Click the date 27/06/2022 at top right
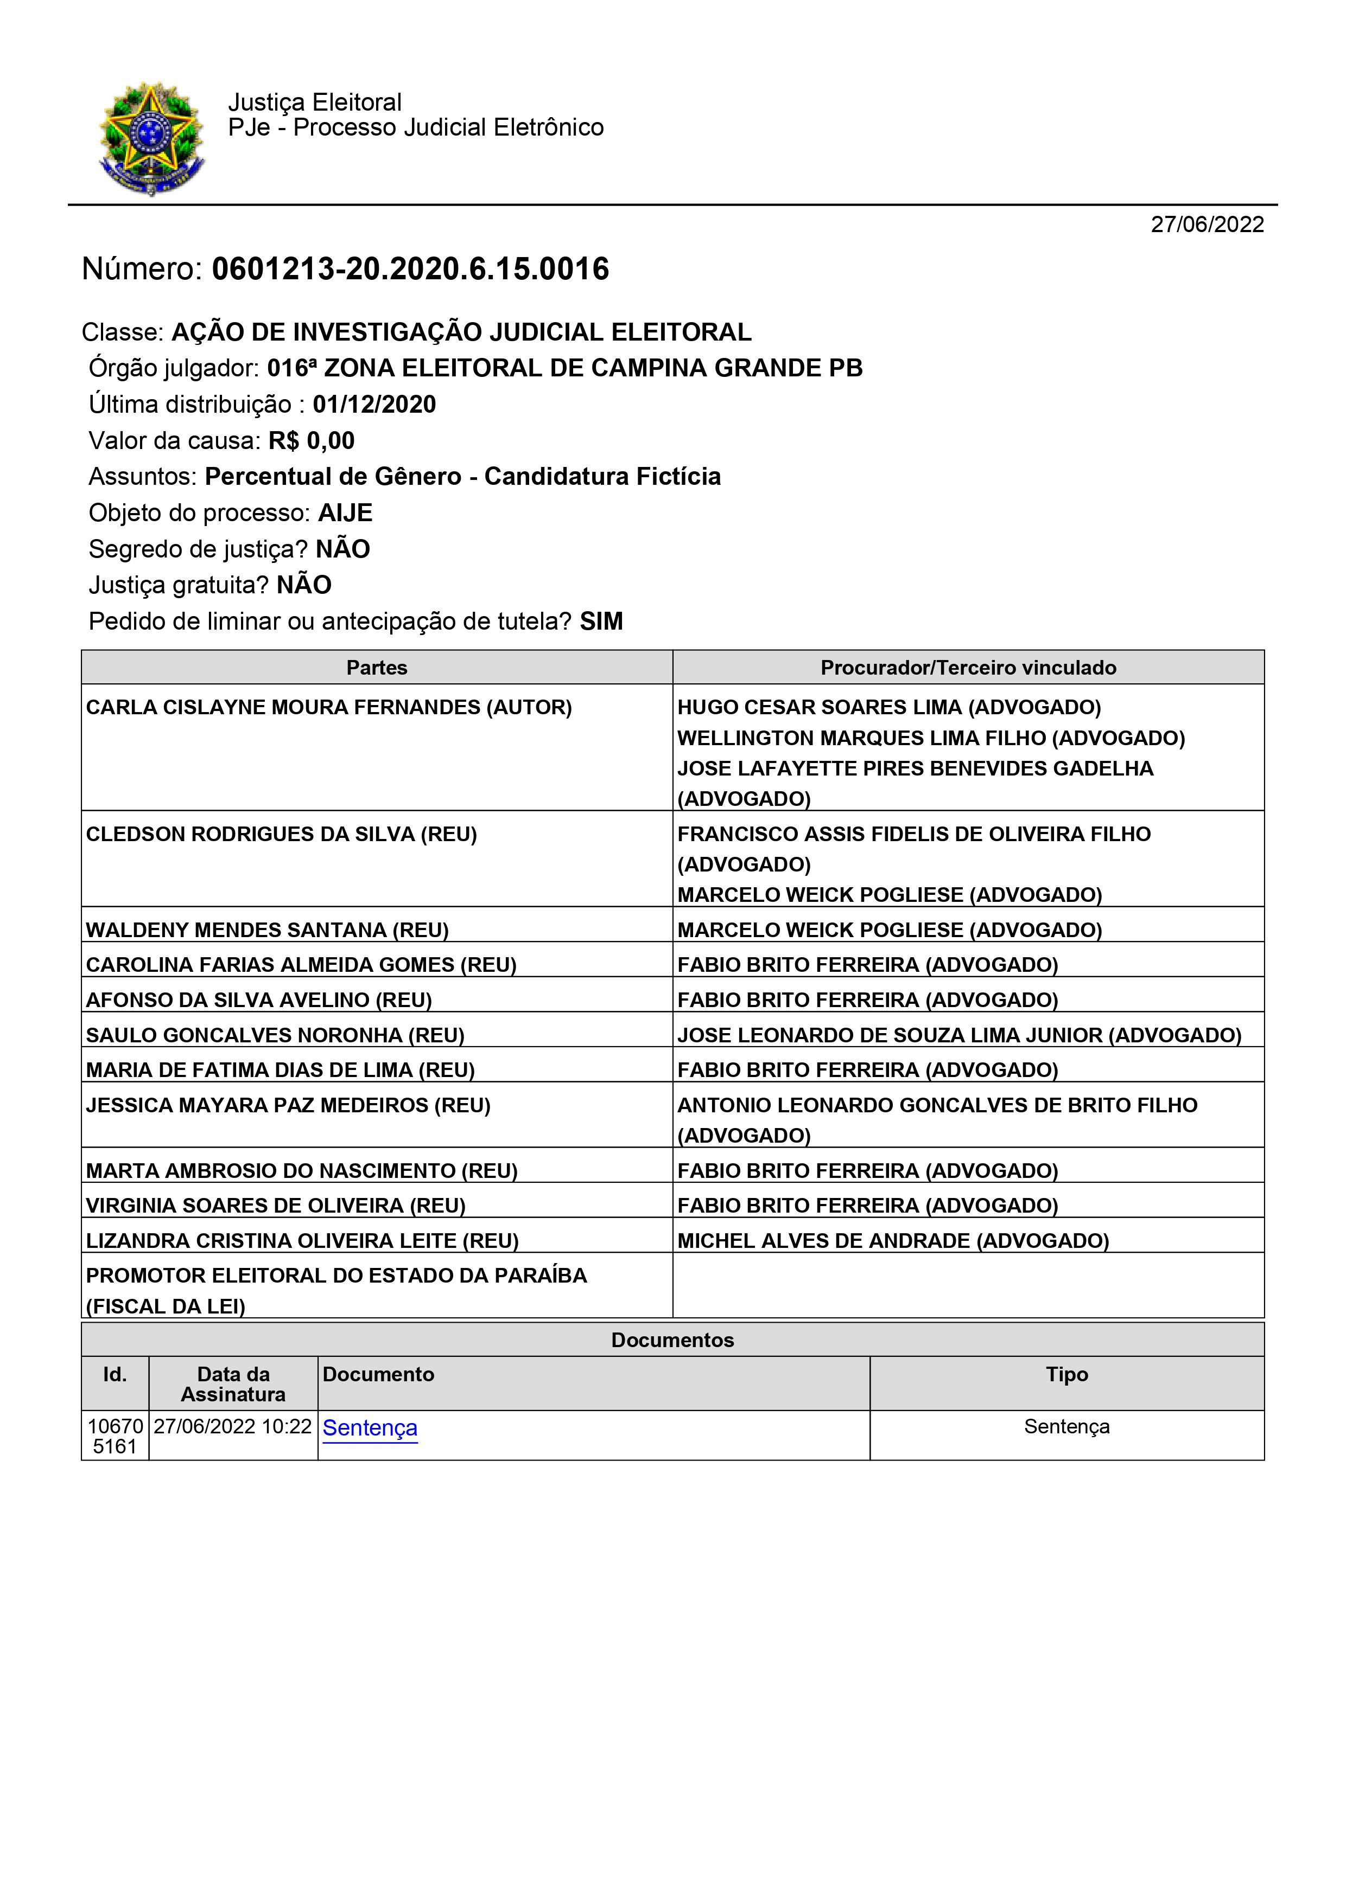click(1207, 225)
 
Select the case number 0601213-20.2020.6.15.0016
click(410, 270)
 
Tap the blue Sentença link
click(370, 1427)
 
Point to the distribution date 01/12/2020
click(374, 405)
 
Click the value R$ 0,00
click(311, 441)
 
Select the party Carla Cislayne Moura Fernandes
click(328, 707)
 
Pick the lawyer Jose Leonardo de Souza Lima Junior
click(958, 1035)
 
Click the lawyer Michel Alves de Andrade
click(892, 1241)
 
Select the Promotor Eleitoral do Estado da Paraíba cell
click(336, 1291)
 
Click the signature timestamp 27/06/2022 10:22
click(232, 1426)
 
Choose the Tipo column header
click(1066, 1374)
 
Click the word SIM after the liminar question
click(601, 621)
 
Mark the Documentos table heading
click(672, 1340)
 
